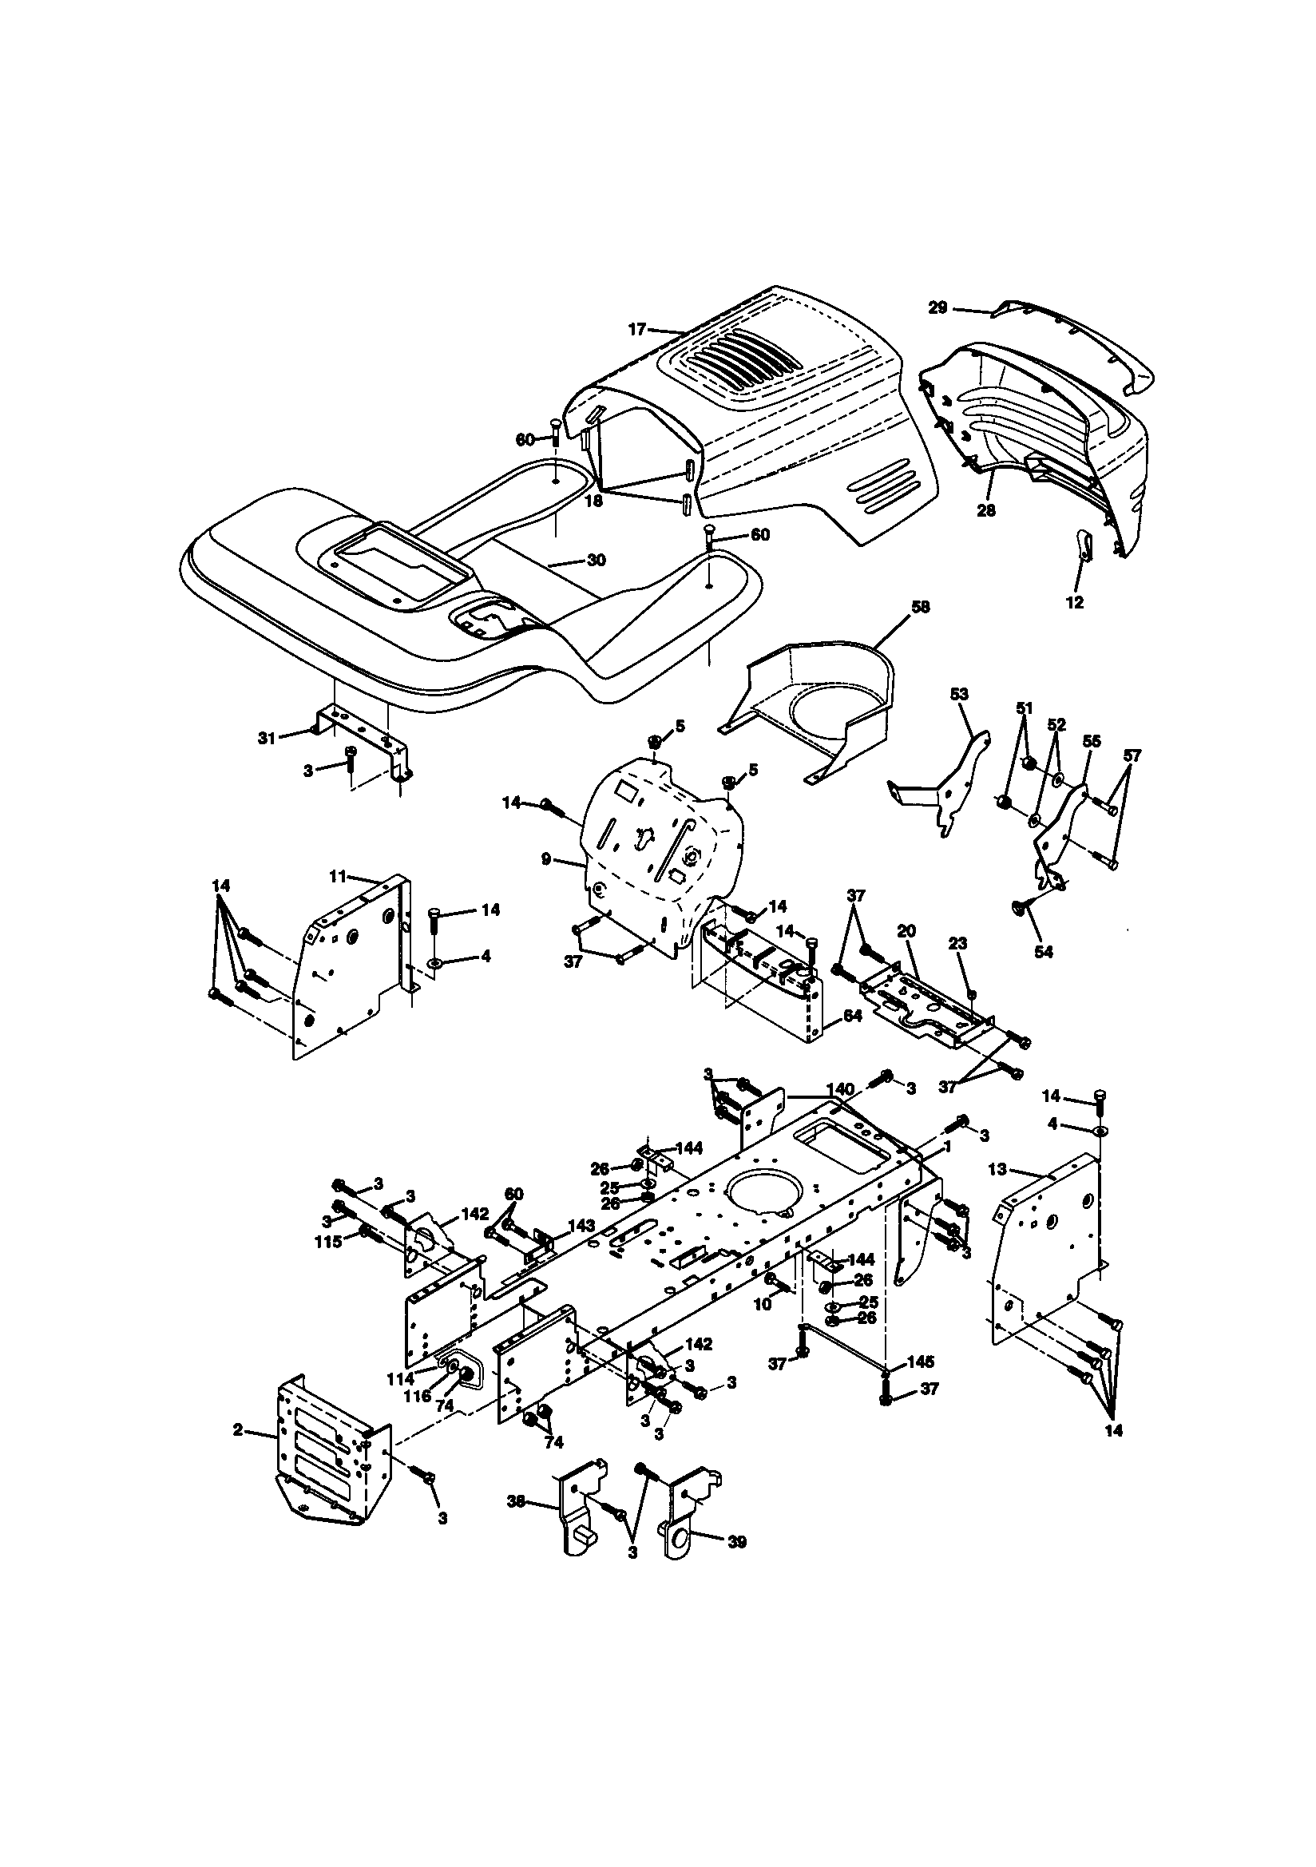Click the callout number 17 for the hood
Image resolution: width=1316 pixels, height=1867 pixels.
[x=636, y=329]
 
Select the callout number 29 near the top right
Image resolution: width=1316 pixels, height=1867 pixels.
[x=937, y=307]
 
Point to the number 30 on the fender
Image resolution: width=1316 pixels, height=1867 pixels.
[x=597, y=561]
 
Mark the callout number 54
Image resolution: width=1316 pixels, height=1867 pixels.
[x=1043, y=951]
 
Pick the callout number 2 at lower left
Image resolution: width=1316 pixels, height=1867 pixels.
[x=237, y=1429]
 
